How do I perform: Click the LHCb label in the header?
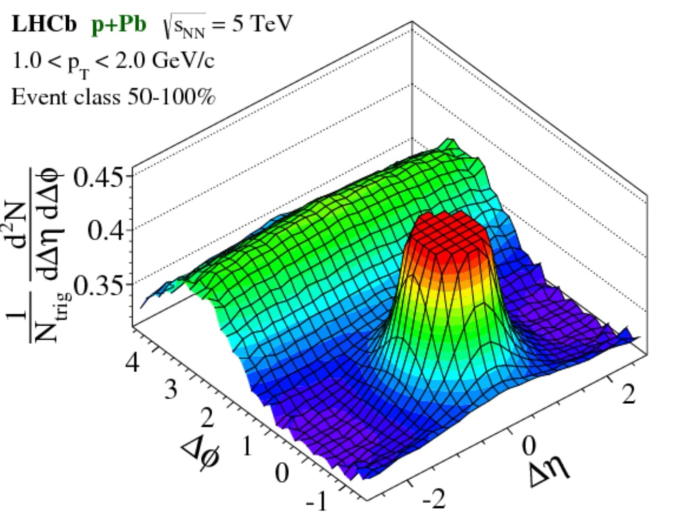pos(44,24)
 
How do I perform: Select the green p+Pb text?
pos(119,24)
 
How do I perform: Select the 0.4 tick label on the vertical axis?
pos(106,230)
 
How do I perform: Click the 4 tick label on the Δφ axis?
pos(133,362)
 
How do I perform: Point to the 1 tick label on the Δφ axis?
pos(246,446)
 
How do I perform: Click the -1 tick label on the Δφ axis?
pos(317,500)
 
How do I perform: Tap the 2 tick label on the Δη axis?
pos(628,395)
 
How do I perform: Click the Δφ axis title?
pos(201,455)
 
